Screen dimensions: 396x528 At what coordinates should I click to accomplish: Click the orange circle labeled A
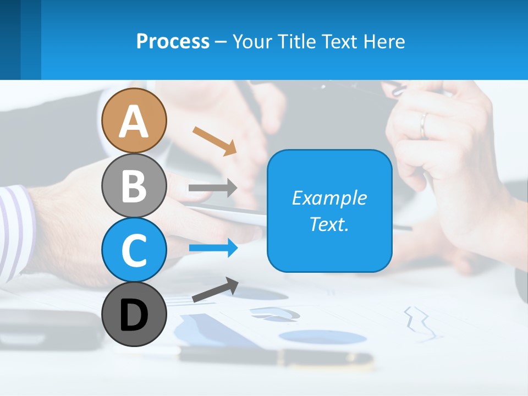click(x=134, y=120)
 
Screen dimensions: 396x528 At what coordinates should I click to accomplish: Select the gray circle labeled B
click(x=134, y=185)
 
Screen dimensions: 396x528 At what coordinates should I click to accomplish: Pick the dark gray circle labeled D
click(x=134, y=314)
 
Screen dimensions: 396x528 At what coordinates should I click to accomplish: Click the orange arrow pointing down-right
click(x=215, y=140)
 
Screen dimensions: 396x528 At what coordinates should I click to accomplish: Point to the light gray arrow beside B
click(x=212, y=188)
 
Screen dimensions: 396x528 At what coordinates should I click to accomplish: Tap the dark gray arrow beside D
click(x=215, y=290)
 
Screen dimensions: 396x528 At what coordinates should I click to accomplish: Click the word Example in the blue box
click(x=329, y=198)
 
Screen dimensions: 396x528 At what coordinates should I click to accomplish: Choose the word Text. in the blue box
click(x=329, y=224)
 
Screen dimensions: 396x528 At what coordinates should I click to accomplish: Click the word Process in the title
click(x=173, y=41)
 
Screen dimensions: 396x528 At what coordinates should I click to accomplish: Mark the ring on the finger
click(x=424, y=125)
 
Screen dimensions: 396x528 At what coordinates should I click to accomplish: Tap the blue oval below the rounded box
click(x=322, y=336)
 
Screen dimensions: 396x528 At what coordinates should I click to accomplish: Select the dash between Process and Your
click(x=221, y=42)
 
